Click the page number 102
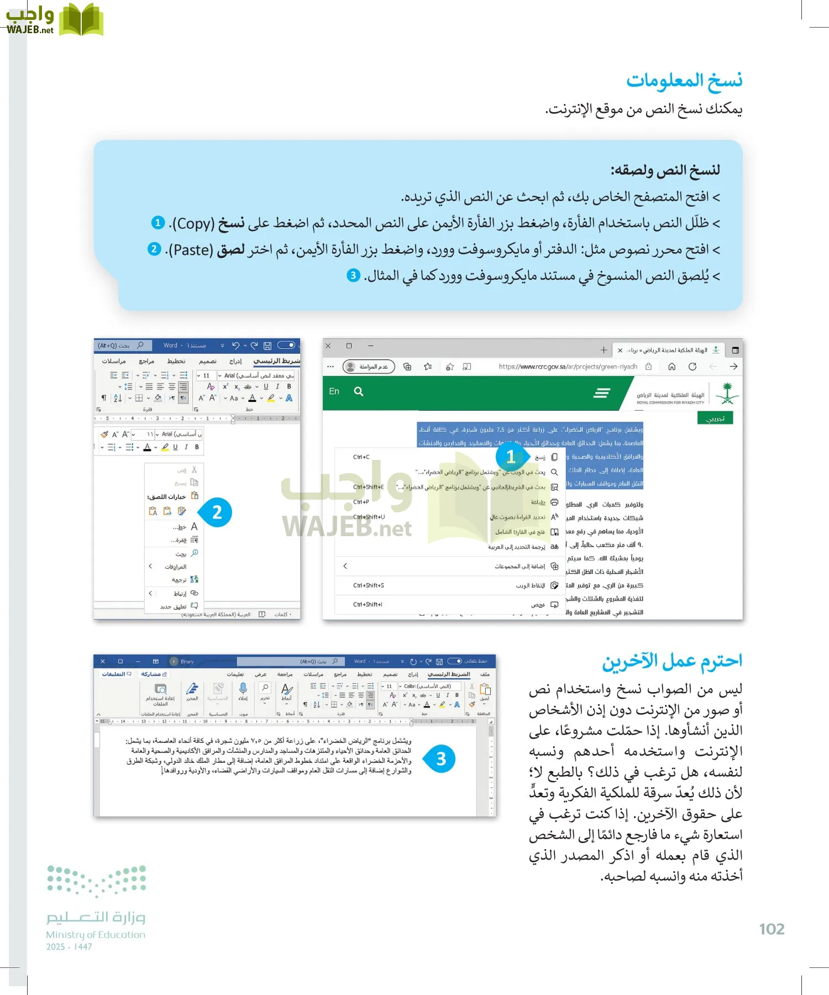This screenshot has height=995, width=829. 772,929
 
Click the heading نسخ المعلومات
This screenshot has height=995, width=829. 684,81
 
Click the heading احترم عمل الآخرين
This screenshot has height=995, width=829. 672,661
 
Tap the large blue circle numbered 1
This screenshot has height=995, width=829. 511,457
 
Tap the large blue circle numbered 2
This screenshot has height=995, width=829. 217,512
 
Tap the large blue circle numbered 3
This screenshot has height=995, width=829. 440,758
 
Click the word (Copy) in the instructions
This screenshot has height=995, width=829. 192,223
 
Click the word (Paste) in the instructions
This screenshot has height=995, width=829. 190,250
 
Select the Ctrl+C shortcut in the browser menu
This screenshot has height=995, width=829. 361,457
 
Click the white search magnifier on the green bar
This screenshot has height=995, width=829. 359,391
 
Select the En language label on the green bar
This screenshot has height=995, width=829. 334,391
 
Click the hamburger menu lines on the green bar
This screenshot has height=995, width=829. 601,392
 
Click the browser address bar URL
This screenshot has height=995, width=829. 568,366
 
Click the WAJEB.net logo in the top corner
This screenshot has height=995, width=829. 54,20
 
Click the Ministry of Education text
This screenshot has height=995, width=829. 96,935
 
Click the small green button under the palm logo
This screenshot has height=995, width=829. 715,418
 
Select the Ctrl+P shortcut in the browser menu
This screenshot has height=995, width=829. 361,502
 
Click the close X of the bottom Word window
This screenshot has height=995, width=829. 103,661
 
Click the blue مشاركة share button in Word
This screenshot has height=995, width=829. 153,674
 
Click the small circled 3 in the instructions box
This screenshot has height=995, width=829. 353,275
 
